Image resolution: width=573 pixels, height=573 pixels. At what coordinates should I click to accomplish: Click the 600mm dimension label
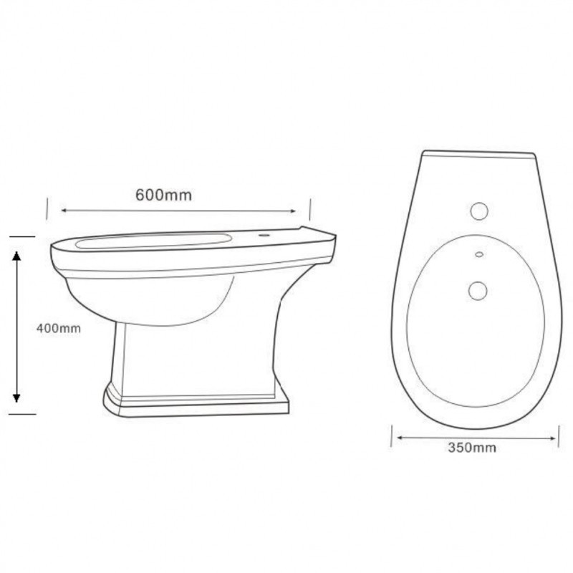(163, 195)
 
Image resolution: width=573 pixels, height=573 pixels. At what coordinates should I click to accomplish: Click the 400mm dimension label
(59, 328)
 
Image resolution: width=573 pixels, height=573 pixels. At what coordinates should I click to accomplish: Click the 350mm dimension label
(472, 447)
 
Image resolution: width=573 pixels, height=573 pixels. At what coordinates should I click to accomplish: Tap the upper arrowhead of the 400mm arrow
(16, 256)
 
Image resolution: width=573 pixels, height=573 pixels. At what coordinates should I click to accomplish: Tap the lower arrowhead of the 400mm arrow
(16, 398)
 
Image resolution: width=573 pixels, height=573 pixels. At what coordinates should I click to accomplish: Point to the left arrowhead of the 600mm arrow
(64, 210)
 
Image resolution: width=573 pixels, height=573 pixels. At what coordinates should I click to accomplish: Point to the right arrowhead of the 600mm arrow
(293, 211)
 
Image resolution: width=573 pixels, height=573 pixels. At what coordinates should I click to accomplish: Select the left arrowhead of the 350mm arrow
(400, 437)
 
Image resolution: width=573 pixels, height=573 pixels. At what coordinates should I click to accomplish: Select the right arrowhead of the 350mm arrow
(552, 438)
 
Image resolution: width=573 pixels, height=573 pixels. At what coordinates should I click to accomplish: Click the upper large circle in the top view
(479, 211)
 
